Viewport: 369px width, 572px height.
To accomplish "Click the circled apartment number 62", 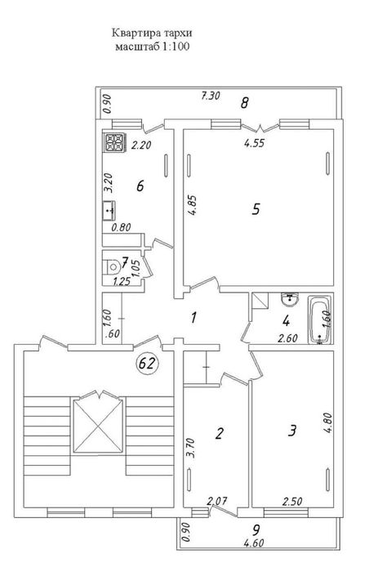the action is [x=148, y=363].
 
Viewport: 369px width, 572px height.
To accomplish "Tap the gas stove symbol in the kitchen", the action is [x=114, y=143].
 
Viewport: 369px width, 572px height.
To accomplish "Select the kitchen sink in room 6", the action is [x=109, y=211].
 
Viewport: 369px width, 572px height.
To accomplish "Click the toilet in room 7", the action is [x=112, y=266].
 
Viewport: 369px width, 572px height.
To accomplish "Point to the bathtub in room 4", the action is [x=320, y=320].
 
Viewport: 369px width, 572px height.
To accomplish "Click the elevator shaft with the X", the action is [x=98, y=426].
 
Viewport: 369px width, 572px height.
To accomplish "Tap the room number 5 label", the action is [x=256, y=209].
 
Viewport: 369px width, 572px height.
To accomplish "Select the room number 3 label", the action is [x=292, y=431].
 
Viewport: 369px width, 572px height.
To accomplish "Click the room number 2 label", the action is [x=219, y=433].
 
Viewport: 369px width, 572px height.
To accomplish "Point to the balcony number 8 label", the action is [x=244, y=103].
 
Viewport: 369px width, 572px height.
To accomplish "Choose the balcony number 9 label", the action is [x=256, y=529].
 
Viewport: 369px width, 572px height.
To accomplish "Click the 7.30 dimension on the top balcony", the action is [x=211, y=96].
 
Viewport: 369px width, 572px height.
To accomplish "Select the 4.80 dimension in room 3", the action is [x=328, y=422].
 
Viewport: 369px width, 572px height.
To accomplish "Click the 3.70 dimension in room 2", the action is [x=193, y=449].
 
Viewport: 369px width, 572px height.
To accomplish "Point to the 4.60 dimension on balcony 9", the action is [x=253, y=543].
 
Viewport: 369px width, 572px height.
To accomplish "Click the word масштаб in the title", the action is [x=137, y=47].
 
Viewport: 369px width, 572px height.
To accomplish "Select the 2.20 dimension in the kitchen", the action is [x=141, y=145].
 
